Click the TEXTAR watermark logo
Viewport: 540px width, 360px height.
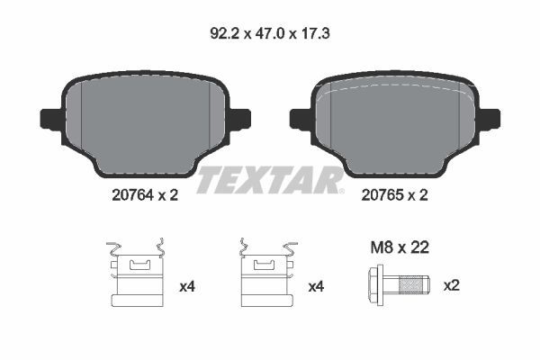(270, 179)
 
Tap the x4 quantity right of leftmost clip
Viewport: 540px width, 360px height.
(187, 287)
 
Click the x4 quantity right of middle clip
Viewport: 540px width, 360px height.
(316, 287)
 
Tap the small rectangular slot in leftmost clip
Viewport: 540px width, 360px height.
(138, 265)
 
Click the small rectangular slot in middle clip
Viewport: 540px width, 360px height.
(265, 265)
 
